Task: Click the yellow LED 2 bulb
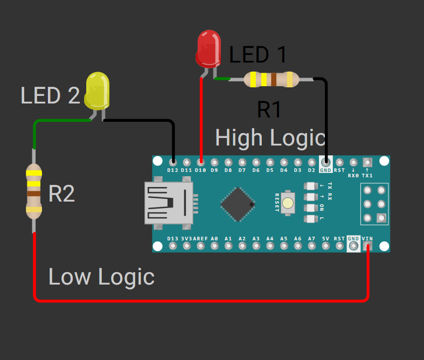97,89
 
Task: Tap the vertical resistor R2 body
34,191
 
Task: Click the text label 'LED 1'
258,55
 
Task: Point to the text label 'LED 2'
50,96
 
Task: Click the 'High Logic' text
270,138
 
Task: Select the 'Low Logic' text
101,277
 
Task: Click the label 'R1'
269,110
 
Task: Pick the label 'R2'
61,194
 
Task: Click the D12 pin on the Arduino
172,162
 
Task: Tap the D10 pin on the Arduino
200,162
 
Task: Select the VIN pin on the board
367,246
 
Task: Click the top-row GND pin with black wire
325,162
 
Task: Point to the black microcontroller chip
237,204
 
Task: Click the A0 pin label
214,239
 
